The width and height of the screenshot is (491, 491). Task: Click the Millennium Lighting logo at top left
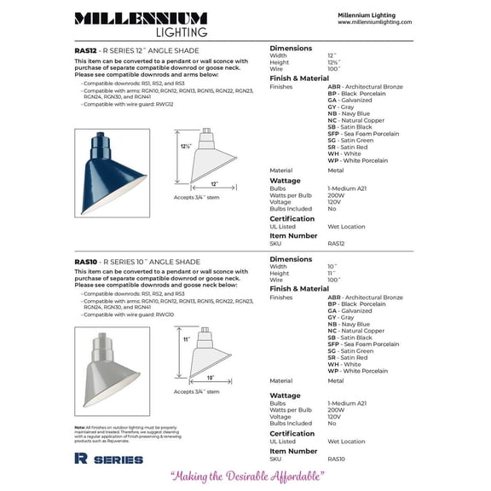[140, 24]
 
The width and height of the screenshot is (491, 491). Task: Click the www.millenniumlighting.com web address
[374, 23]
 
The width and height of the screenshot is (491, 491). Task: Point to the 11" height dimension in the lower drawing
[185, 339]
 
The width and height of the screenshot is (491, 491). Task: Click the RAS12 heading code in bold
[85, 50]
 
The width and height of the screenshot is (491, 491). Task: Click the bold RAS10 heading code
[85, 262]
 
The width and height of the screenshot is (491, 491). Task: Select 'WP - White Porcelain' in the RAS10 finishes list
[357, 371]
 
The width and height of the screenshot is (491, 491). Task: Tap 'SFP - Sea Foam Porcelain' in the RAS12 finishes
[362, 133]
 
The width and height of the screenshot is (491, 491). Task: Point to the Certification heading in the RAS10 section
[292, 433]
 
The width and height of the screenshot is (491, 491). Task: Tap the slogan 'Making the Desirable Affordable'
[246, 477]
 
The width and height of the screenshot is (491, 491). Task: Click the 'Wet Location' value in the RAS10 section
[346, 442]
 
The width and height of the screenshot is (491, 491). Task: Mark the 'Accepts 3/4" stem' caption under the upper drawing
[196, 197]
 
